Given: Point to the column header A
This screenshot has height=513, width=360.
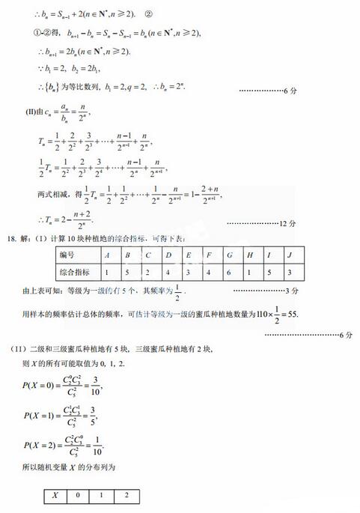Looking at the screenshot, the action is point(109,255).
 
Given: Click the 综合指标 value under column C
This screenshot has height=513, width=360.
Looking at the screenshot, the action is point(149,272).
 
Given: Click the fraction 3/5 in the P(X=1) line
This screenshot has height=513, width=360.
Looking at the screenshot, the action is point(94,415).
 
